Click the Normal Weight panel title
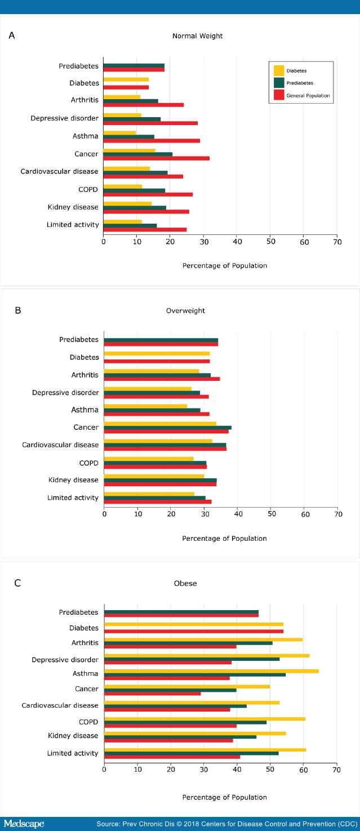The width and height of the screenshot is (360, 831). (197, 36)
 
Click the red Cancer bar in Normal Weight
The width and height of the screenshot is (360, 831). (156, 158)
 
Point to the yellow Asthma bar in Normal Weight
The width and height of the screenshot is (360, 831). (119, 132)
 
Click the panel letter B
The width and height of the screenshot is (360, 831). (17, 310)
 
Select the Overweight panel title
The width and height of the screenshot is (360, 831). (185, 310)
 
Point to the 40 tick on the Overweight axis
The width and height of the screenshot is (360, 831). (238, 514)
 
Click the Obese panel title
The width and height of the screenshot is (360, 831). (185, 584)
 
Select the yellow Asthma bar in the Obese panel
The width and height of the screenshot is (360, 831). (211, 671)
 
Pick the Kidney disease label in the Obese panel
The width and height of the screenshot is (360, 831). (73, 736)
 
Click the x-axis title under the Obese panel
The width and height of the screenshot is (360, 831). (224, 797)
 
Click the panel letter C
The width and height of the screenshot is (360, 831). (17, 583)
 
